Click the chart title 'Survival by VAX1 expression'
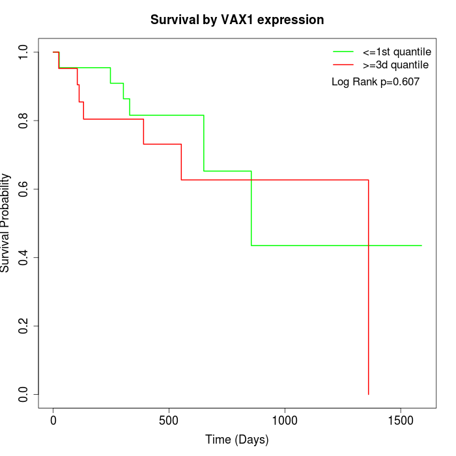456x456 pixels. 237,20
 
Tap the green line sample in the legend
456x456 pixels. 343,51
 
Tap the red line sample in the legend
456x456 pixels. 343,65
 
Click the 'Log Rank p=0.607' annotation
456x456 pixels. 375,82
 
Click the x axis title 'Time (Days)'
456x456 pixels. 237,440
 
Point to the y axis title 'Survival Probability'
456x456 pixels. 7,223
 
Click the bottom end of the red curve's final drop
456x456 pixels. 369,394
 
